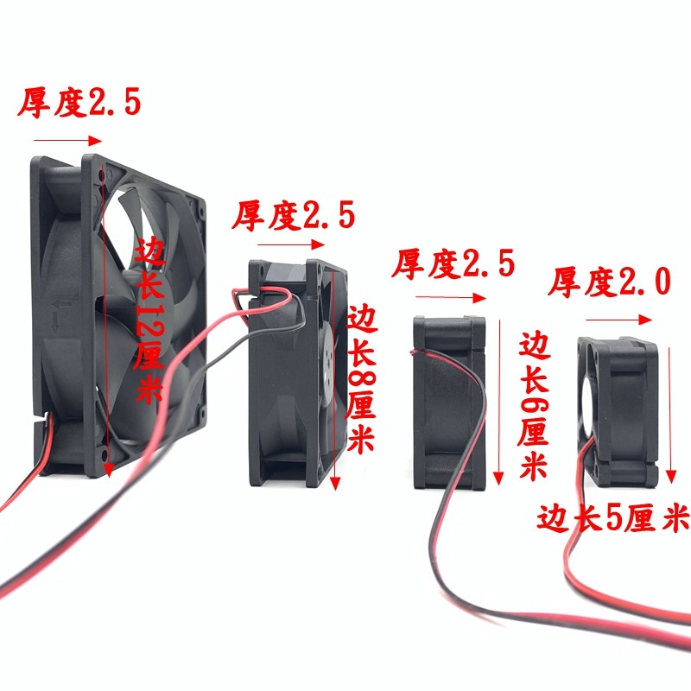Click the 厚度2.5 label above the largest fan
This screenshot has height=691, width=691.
tap(79, 103)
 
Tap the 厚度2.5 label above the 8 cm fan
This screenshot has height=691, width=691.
tap(294, 216)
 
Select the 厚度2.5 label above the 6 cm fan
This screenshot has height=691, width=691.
tap(453, 263)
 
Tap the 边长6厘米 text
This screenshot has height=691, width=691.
tap(533, 406)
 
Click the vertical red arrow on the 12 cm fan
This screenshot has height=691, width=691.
tap(107, 320)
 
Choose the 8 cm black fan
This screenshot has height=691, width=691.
tap(294, 371)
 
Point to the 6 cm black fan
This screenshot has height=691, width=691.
tap(449, 402)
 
